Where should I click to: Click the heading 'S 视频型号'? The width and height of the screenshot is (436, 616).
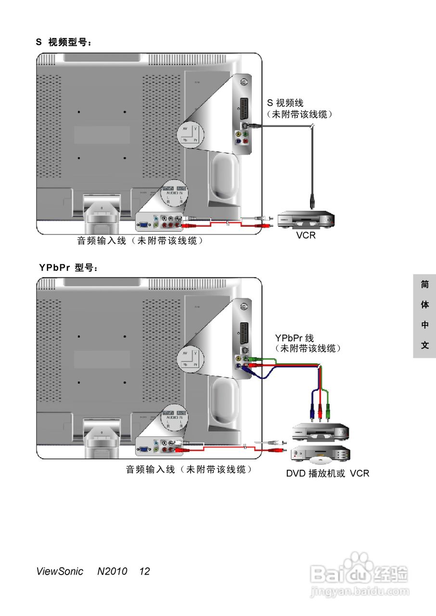point(63,43)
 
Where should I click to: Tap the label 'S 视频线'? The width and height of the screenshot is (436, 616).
point(285,103)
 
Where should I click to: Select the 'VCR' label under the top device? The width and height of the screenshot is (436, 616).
point(306,235)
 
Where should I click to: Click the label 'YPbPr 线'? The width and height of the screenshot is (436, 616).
point(294,338)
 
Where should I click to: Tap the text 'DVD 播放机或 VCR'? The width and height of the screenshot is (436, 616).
point(328,473)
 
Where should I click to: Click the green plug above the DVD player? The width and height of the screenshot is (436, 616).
point(328,411)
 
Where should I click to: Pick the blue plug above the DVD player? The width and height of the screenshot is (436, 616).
point(311,411)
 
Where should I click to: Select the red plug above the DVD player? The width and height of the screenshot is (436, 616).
point(320,411)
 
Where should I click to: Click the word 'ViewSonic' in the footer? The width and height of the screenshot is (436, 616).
point(59,571)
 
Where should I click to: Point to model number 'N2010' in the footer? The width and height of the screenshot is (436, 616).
point(112,571)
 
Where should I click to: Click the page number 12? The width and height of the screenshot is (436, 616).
point(144,571)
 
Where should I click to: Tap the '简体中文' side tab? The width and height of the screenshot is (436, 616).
point(424,315)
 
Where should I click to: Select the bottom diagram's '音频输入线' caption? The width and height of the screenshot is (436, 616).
point(189,469)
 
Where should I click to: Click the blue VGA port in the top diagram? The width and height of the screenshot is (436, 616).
point(143,224)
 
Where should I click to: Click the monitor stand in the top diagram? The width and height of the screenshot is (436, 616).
point(102,212)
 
